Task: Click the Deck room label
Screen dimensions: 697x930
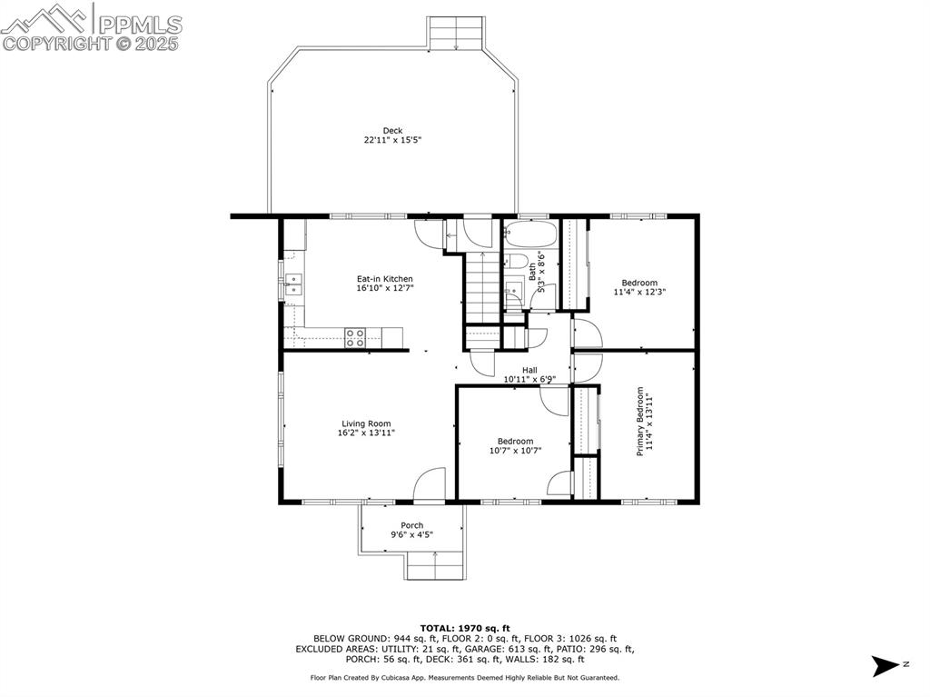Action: pos(392,131)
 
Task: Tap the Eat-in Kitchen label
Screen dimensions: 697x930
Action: pos(384,279)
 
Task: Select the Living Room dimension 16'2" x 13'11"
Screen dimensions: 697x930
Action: pos(366,433)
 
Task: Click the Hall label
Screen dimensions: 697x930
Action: pos(529,370)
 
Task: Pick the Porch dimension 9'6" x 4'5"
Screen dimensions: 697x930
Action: pos(411,535)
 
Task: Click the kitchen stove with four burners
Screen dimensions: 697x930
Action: pos(355,338)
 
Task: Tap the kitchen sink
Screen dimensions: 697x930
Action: pos(293,284)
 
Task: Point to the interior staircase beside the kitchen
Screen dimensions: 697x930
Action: pos(482,288)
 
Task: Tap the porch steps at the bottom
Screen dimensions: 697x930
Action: pos(435,567)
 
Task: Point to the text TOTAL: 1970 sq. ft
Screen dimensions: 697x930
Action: pos(465,628)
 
